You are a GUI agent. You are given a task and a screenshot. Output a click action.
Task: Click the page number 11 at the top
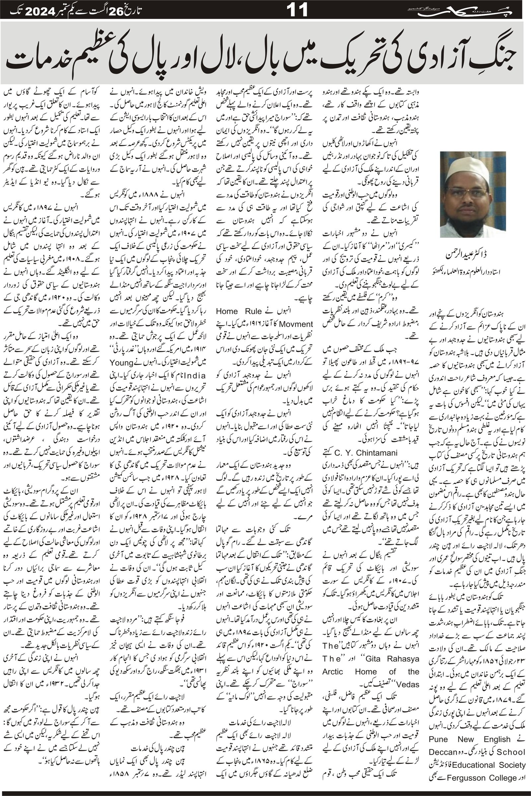click(x=297, y=10)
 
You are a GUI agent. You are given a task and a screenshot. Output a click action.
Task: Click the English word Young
click(x=121, y=363)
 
